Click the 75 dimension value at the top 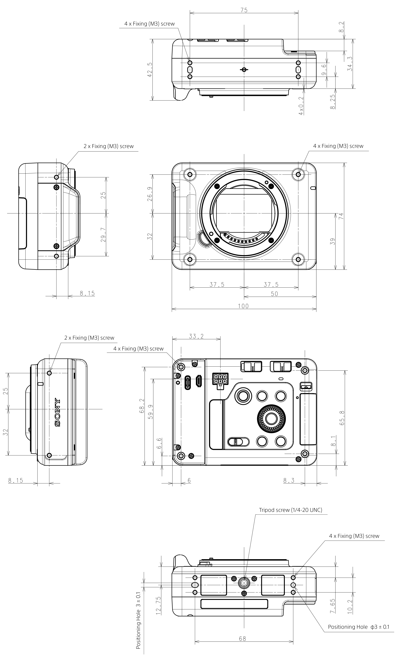(x=244, y=10)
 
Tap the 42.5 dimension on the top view (x=150, y=70)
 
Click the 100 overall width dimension (x=243, y=306)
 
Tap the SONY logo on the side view (x=57, y=412)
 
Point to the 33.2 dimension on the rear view (x=196, y=336)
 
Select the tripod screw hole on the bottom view (x=244, y=583)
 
